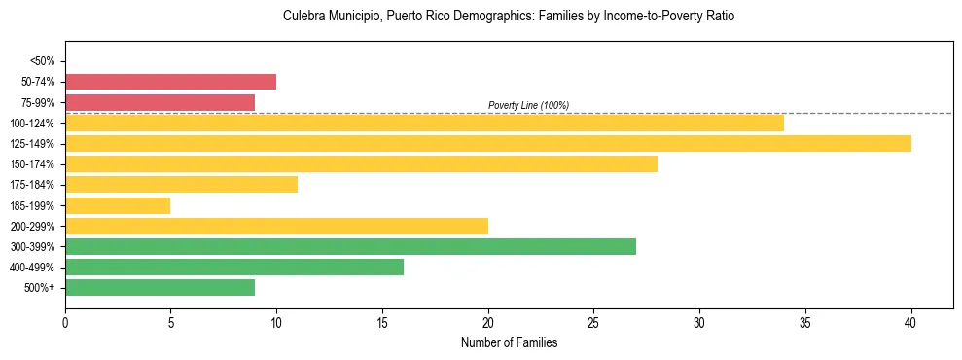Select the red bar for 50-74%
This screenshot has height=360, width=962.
170,82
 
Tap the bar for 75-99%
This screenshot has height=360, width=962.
160,102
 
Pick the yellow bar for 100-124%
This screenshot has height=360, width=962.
424,124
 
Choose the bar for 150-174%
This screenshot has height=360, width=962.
361,164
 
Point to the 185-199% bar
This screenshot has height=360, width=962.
118,205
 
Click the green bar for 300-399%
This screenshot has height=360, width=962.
350,246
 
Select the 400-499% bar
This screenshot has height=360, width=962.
234,267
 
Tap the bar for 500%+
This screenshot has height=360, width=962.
160,287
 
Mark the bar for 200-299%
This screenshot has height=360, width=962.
276,226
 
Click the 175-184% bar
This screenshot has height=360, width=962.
181,185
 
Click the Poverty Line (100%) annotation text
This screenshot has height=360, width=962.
528,105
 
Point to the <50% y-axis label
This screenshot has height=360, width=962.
42,61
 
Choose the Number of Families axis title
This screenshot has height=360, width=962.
509,342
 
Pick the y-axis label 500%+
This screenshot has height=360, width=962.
39,288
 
